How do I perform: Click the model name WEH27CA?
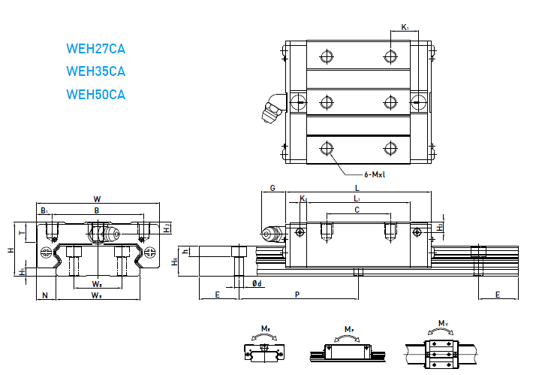tap(95, 50)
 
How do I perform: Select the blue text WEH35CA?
tap(95, 72)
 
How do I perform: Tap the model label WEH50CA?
tap(95, 95)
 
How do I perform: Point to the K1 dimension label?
tap(405, 27)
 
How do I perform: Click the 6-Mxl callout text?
tap(375, 174)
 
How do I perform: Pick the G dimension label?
tap(272, 188)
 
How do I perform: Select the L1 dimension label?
tap(357, 198)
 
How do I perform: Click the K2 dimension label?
tap(303, 198)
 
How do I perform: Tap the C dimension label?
tap(357, 211)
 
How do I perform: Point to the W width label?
tap(97, 199)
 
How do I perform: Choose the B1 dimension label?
tap(44, 211)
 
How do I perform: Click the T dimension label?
tap(31, 233)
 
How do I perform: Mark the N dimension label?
tap(45, 295)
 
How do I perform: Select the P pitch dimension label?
tap(297, 295)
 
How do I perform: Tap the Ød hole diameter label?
tap(257, 283)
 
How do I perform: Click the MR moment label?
tap(266, 328)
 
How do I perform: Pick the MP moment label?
tap(349, 329)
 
